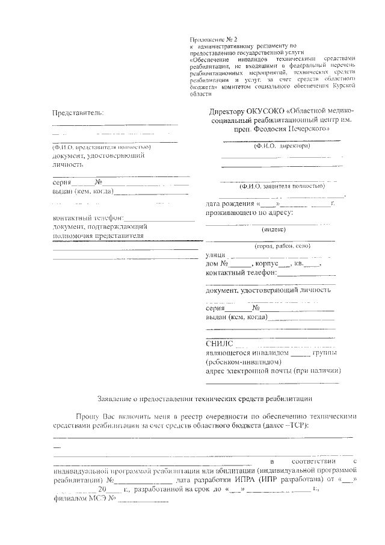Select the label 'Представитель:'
[78, 113]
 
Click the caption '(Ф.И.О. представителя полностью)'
[102, 147]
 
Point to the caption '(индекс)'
[273, 229]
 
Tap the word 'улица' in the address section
[215, 256]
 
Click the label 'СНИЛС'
[218, 344]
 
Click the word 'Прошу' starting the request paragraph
[88, 416]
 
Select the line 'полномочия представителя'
[98, 236]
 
